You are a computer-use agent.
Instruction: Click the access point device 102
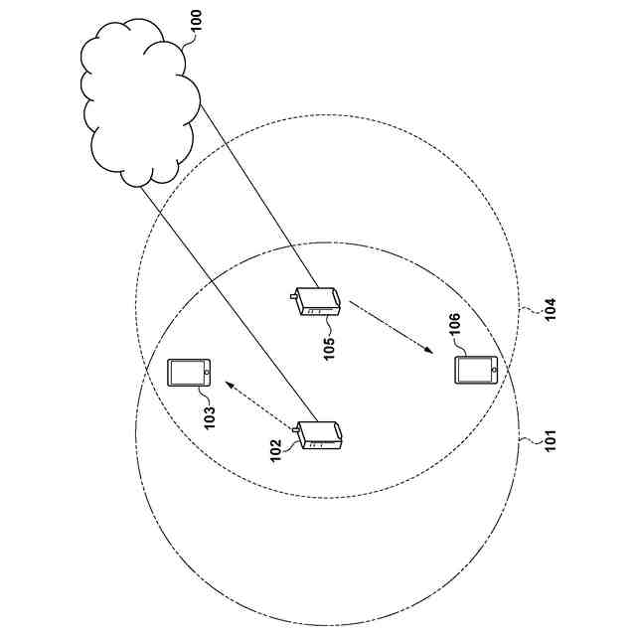pos(320,436)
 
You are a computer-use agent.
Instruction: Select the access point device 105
pos(318,301)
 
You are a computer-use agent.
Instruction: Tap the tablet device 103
pos(190,373)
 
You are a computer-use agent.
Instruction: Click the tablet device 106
pos(476,370)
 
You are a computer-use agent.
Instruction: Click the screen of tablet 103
pos(186,373)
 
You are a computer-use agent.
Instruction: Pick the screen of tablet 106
pos(472,370)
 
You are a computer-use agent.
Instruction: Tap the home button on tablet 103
pos(206,373)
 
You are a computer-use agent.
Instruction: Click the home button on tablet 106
pos(492,370)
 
